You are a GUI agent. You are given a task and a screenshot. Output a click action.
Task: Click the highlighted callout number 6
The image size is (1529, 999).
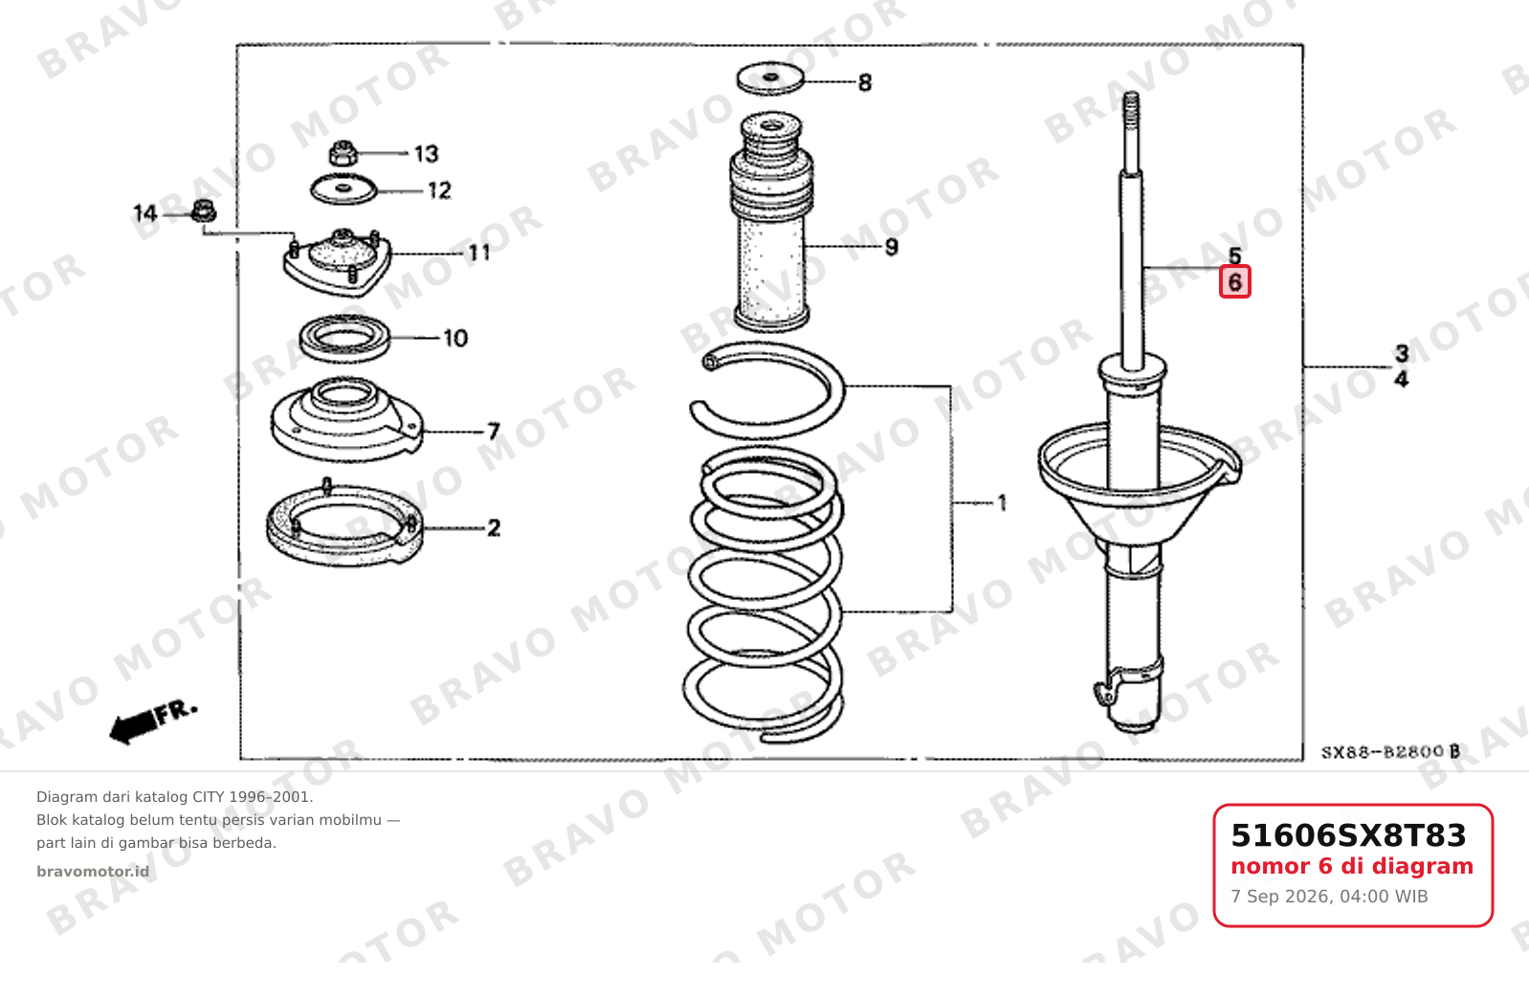click(1235, 282)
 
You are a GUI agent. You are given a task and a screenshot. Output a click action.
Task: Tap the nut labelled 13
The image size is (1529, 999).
click(343, 153)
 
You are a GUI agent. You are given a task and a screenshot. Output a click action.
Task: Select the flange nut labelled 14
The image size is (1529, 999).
click(203, 211)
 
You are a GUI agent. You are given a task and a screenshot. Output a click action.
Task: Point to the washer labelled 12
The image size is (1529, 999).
click(344, 189)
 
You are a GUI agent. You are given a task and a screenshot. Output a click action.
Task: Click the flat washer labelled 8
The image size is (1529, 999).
click(770, 78)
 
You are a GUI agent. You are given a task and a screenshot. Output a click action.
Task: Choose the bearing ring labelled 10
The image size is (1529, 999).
click(344, 338)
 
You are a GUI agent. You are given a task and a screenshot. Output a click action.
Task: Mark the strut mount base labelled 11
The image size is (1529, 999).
click(337, 263)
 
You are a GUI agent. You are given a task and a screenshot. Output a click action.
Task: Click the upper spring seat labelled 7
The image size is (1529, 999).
click(346, 419)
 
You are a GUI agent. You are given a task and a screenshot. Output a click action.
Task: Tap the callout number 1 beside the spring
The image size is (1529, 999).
click(1002, 503)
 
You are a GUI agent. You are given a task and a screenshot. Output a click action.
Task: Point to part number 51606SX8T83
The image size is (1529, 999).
click(1348, 835)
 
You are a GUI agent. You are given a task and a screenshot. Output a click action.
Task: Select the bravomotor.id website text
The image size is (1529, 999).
click(93, 872)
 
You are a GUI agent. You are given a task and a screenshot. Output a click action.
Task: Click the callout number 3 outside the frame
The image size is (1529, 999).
click(1402, 353)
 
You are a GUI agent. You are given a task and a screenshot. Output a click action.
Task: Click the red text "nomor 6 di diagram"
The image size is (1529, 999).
click(1352, 867)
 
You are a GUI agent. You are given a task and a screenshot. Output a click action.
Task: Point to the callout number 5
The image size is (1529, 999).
click(1235, 255)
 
